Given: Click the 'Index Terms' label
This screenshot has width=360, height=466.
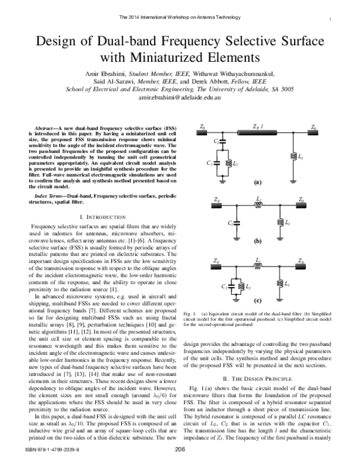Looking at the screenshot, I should pos(50,196).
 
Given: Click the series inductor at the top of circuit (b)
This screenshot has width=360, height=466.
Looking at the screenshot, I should pos(258,204).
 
